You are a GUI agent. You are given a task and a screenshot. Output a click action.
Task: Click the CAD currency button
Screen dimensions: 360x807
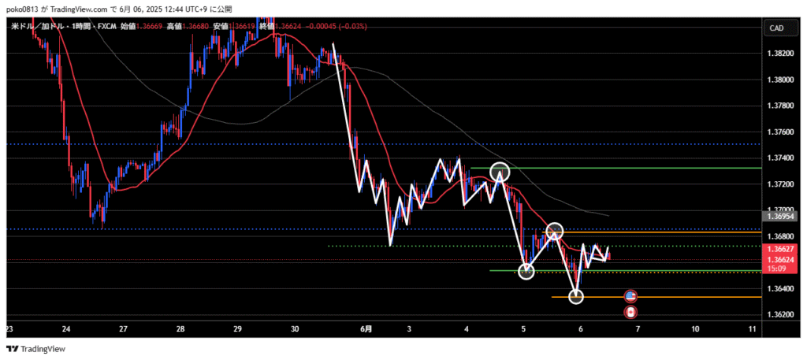[x=775, y=28]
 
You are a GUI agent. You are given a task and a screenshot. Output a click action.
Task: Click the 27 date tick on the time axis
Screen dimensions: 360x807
[x=123, y=329]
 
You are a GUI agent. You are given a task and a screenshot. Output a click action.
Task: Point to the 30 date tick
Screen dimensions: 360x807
[x=295, y=329]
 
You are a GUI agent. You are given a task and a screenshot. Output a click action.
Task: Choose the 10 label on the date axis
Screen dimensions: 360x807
[x=695, y=329]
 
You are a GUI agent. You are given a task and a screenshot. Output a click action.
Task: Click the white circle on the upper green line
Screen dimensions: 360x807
[x=499, y=171]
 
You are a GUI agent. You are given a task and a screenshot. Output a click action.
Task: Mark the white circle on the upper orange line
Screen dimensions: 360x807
[x=555, y=231]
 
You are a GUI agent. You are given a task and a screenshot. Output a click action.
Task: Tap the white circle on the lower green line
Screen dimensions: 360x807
[x=526, y=272]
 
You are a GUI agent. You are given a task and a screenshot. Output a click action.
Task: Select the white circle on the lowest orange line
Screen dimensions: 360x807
[x=576, y=297]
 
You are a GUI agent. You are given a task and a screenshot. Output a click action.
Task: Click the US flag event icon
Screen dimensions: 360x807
[x=630, y=297]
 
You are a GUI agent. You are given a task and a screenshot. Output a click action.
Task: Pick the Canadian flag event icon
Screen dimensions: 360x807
[x=630, y=313]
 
